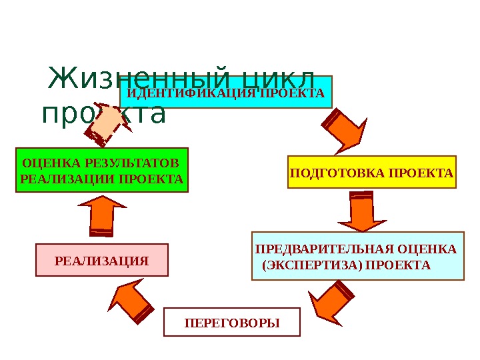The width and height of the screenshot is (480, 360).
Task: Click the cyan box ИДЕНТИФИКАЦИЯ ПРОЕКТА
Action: point(226,92)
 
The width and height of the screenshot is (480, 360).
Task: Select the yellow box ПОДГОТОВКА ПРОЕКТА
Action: point(372,173)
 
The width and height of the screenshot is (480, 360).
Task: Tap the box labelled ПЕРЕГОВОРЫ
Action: point(232,323)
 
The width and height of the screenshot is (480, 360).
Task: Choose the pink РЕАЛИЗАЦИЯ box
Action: point(101,260)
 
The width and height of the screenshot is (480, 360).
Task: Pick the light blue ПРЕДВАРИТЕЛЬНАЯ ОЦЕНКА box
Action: point(357,256)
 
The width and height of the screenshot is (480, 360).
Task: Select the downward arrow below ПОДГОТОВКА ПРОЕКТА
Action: point(363,211)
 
